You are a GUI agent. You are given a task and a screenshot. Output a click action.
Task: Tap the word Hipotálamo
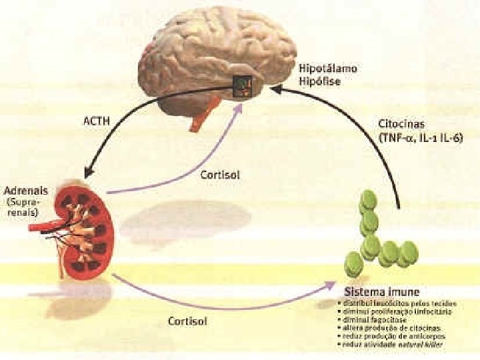[x=328, y=68]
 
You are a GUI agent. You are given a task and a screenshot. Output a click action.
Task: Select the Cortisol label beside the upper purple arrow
[x=220, y=176]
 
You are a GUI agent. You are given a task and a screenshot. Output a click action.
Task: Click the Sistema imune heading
[x=381, y=293]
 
